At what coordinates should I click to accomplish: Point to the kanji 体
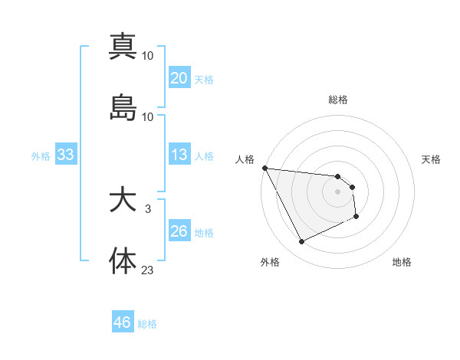[x=123, y=260]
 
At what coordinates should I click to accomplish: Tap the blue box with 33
[x=65, y=155]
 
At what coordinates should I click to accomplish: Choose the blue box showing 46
[x=122, y=322]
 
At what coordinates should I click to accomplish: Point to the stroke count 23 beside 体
[x=147, y=269]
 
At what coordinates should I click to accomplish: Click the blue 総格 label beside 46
[x=147, y=324]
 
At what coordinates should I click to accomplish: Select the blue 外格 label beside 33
[x=41, y=156]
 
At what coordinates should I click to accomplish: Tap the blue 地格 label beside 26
[x=204, y=233]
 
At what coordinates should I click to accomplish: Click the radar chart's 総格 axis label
[x=338, y=100]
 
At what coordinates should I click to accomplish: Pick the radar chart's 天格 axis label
[x=432, y=159]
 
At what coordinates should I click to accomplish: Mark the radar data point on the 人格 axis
[x=264, y=168]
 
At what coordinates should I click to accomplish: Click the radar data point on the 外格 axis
[x=301, y=242]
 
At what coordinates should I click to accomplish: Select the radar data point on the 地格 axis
[x=356, y=218]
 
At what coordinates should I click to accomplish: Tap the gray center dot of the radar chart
[x=338, y=192]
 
